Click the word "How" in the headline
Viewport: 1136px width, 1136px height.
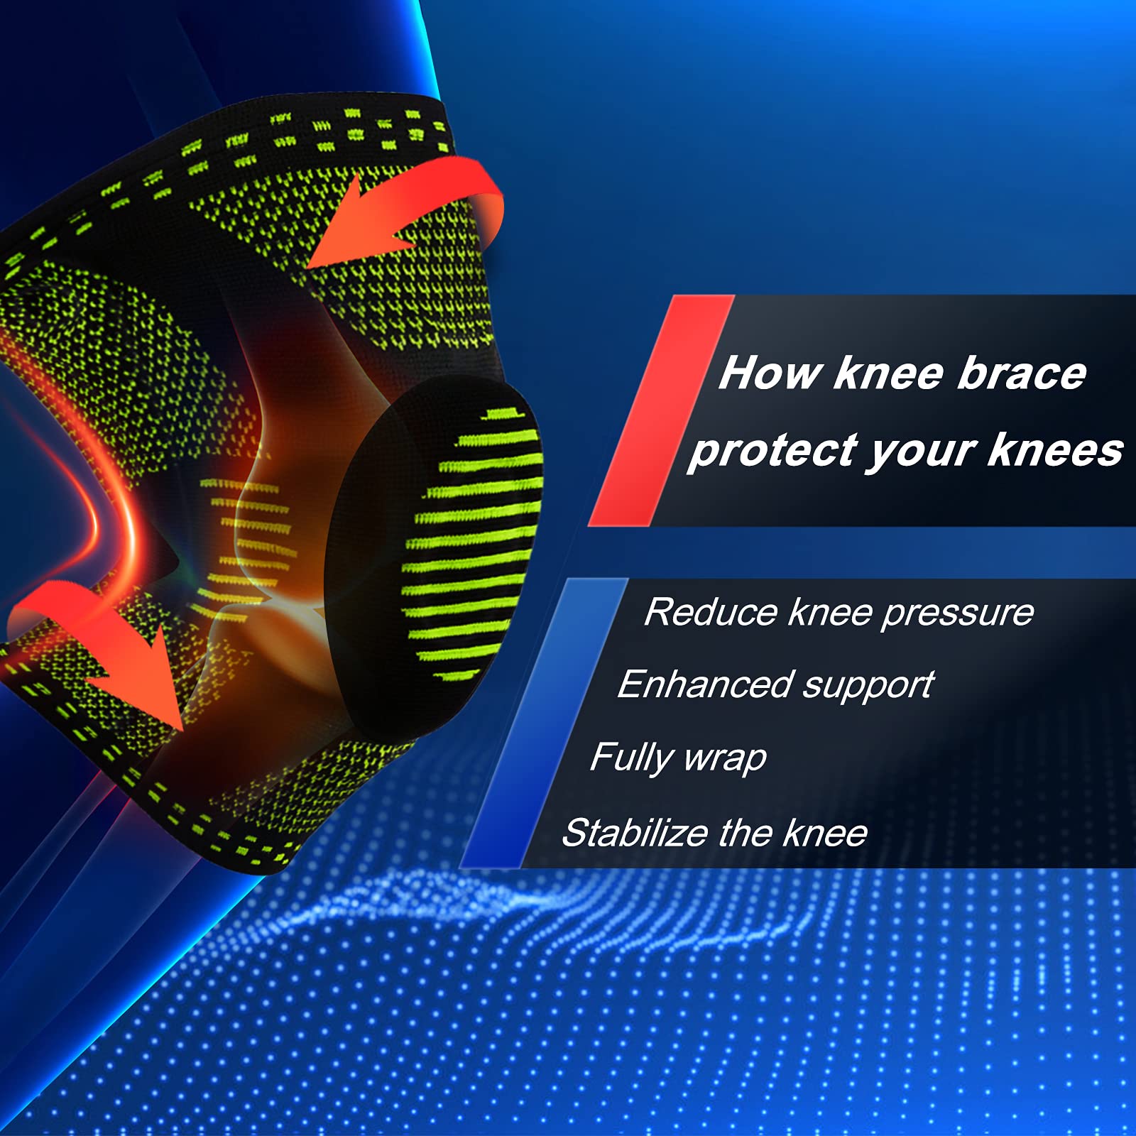[770, 373]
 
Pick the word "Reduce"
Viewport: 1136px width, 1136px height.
[711, 612]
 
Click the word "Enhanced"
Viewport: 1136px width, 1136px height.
[704, 684]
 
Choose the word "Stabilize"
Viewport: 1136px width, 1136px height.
[635, 833]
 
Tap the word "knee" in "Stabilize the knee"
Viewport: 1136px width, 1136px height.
[824, 833]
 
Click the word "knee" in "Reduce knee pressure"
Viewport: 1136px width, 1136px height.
[830, 612]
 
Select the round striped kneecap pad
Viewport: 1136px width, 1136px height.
[433, 554]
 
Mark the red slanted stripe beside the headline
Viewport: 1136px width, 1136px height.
[661, 410]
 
